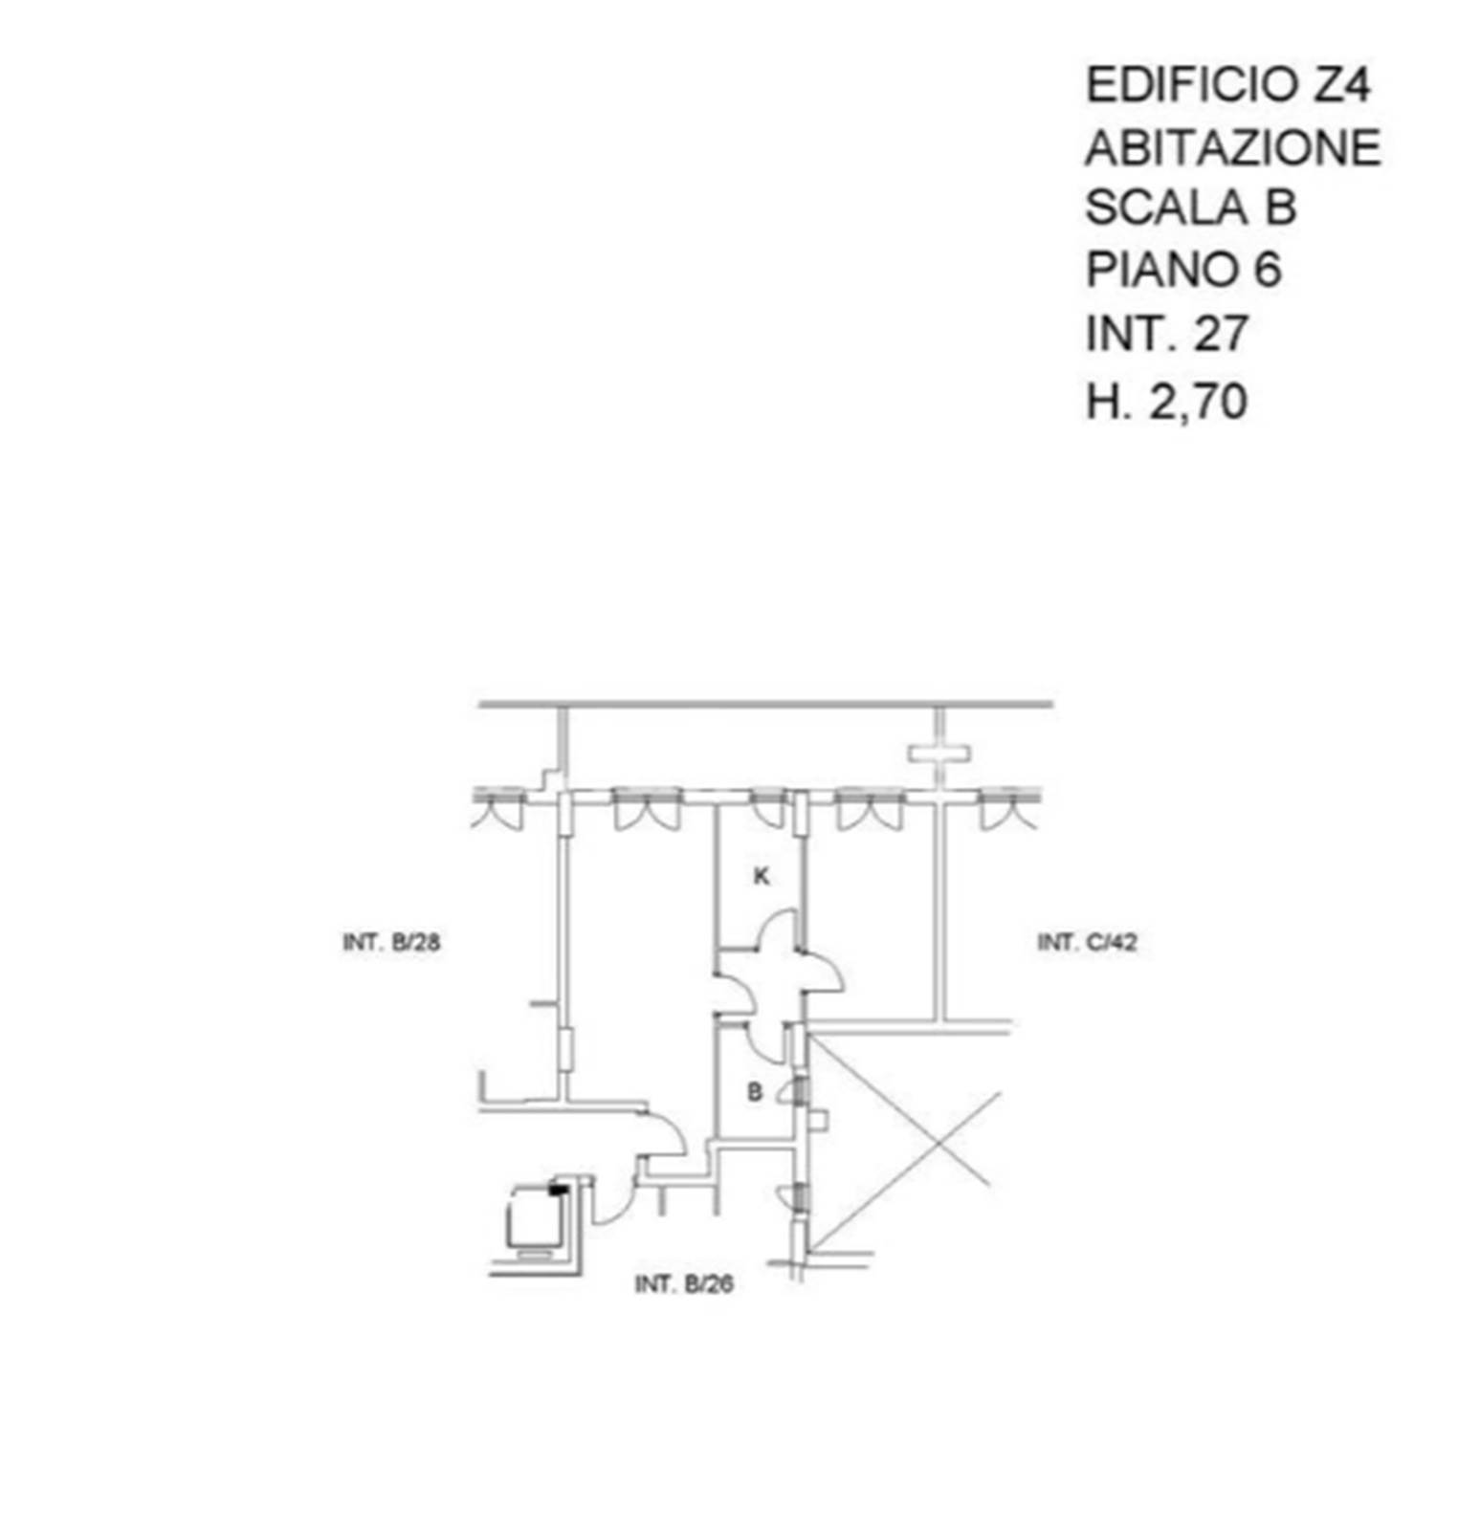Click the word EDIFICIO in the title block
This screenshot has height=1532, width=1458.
pyautogui.click(x=1190, y=85)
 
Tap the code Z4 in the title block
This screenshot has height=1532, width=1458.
pyautogui.click(x=1341, y=85)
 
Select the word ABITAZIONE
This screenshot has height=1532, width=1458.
pyautogui.click(x=1233, y=147)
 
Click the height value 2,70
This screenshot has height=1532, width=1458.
pyautogui.click(x=1199, y=400)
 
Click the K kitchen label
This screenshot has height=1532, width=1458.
pyautogui.click(x=762, y=875)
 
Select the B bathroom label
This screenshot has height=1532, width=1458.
pyautogui.click(x=755, y=1091)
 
